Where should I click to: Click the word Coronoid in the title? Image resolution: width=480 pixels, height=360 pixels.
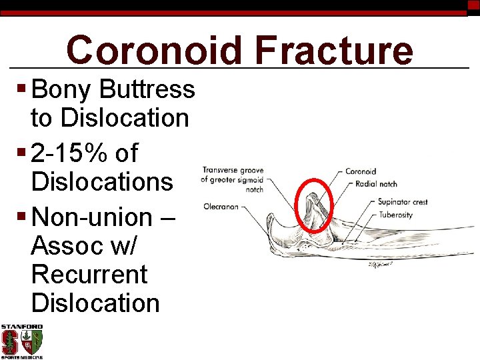[155, 51]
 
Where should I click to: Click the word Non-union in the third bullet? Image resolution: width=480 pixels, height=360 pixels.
[92, 217]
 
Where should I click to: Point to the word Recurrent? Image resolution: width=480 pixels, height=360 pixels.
[89, 274]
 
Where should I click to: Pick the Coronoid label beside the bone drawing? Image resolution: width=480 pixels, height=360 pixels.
[361, 171]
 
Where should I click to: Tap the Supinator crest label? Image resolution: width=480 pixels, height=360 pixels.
[402, 201]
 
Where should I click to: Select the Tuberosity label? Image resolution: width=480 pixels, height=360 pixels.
[395, 215]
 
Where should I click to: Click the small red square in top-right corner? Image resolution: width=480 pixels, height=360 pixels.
[474, 7]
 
